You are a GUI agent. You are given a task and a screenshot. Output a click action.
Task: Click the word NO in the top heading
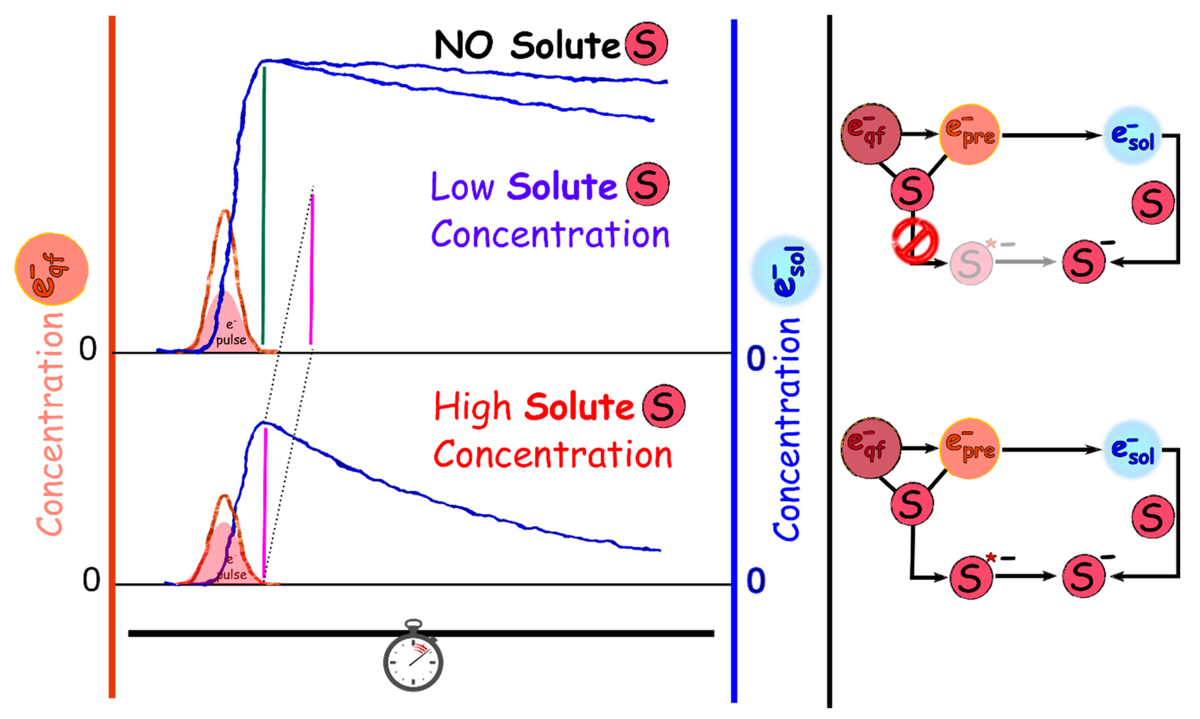464,45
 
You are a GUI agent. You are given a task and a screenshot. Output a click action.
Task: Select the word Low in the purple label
462,187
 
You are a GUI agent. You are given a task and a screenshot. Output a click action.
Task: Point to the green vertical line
263,204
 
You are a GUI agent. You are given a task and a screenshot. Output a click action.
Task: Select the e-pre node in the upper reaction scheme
969,134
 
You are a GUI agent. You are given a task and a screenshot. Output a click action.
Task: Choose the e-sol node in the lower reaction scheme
1133,450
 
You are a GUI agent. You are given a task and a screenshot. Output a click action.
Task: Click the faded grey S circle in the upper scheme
970,263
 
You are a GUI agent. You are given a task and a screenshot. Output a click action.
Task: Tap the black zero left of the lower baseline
91,580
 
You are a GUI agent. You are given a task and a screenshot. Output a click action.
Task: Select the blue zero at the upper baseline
756,359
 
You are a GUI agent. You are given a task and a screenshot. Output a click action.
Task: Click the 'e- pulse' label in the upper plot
231,333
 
